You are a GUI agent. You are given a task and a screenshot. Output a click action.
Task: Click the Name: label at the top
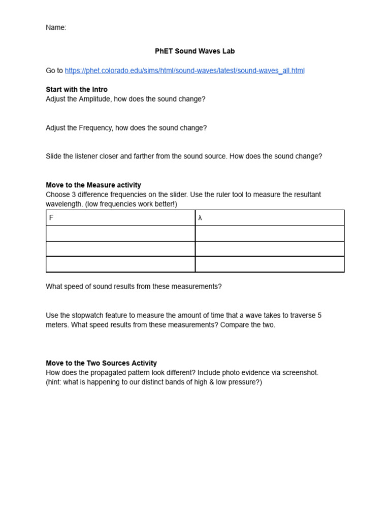click(56, 28)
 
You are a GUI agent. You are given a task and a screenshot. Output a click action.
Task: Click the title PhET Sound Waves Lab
click(194, 51)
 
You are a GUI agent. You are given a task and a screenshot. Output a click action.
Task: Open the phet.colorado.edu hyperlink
click(184, 71)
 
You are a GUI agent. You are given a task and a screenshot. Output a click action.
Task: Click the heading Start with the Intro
click(77, 89)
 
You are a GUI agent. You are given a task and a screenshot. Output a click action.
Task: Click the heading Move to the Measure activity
click(93, 185)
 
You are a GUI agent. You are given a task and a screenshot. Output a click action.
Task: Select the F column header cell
click(120, 218)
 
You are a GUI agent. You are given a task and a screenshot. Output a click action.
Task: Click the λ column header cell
click(270, 218)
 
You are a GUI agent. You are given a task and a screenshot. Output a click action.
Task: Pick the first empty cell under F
click(120, 234)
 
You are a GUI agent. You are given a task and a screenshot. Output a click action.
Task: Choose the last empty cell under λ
click(270, 264)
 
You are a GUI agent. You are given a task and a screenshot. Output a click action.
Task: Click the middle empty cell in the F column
click(120, 249)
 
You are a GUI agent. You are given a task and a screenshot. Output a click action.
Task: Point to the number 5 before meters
click(319, 315)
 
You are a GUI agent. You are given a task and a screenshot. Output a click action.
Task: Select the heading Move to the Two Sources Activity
click(101, 363)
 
